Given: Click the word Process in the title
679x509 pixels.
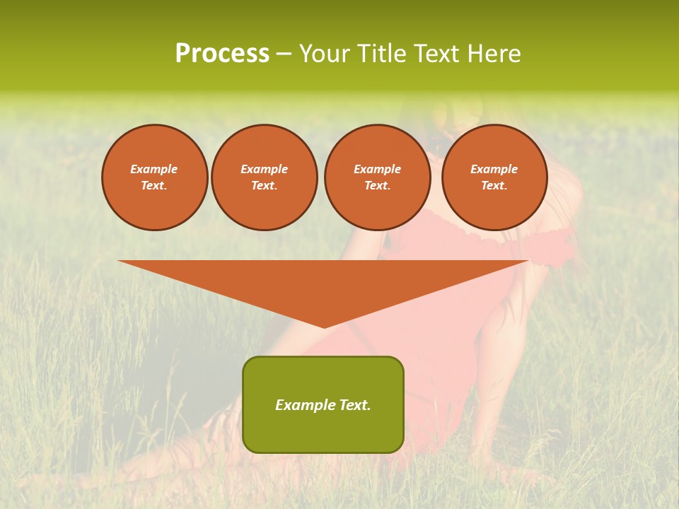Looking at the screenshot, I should point(222,54).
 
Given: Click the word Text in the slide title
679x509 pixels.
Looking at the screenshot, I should point(437,54).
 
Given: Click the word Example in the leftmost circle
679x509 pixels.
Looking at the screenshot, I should point(154,169).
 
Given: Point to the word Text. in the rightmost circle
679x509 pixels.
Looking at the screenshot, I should point(494,185).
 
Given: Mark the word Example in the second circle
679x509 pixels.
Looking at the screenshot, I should point(264,169).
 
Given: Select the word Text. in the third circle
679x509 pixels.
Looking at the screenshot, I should point(377,185).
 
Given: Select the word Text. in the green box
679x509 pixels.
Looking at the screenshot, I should point(355,405).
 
